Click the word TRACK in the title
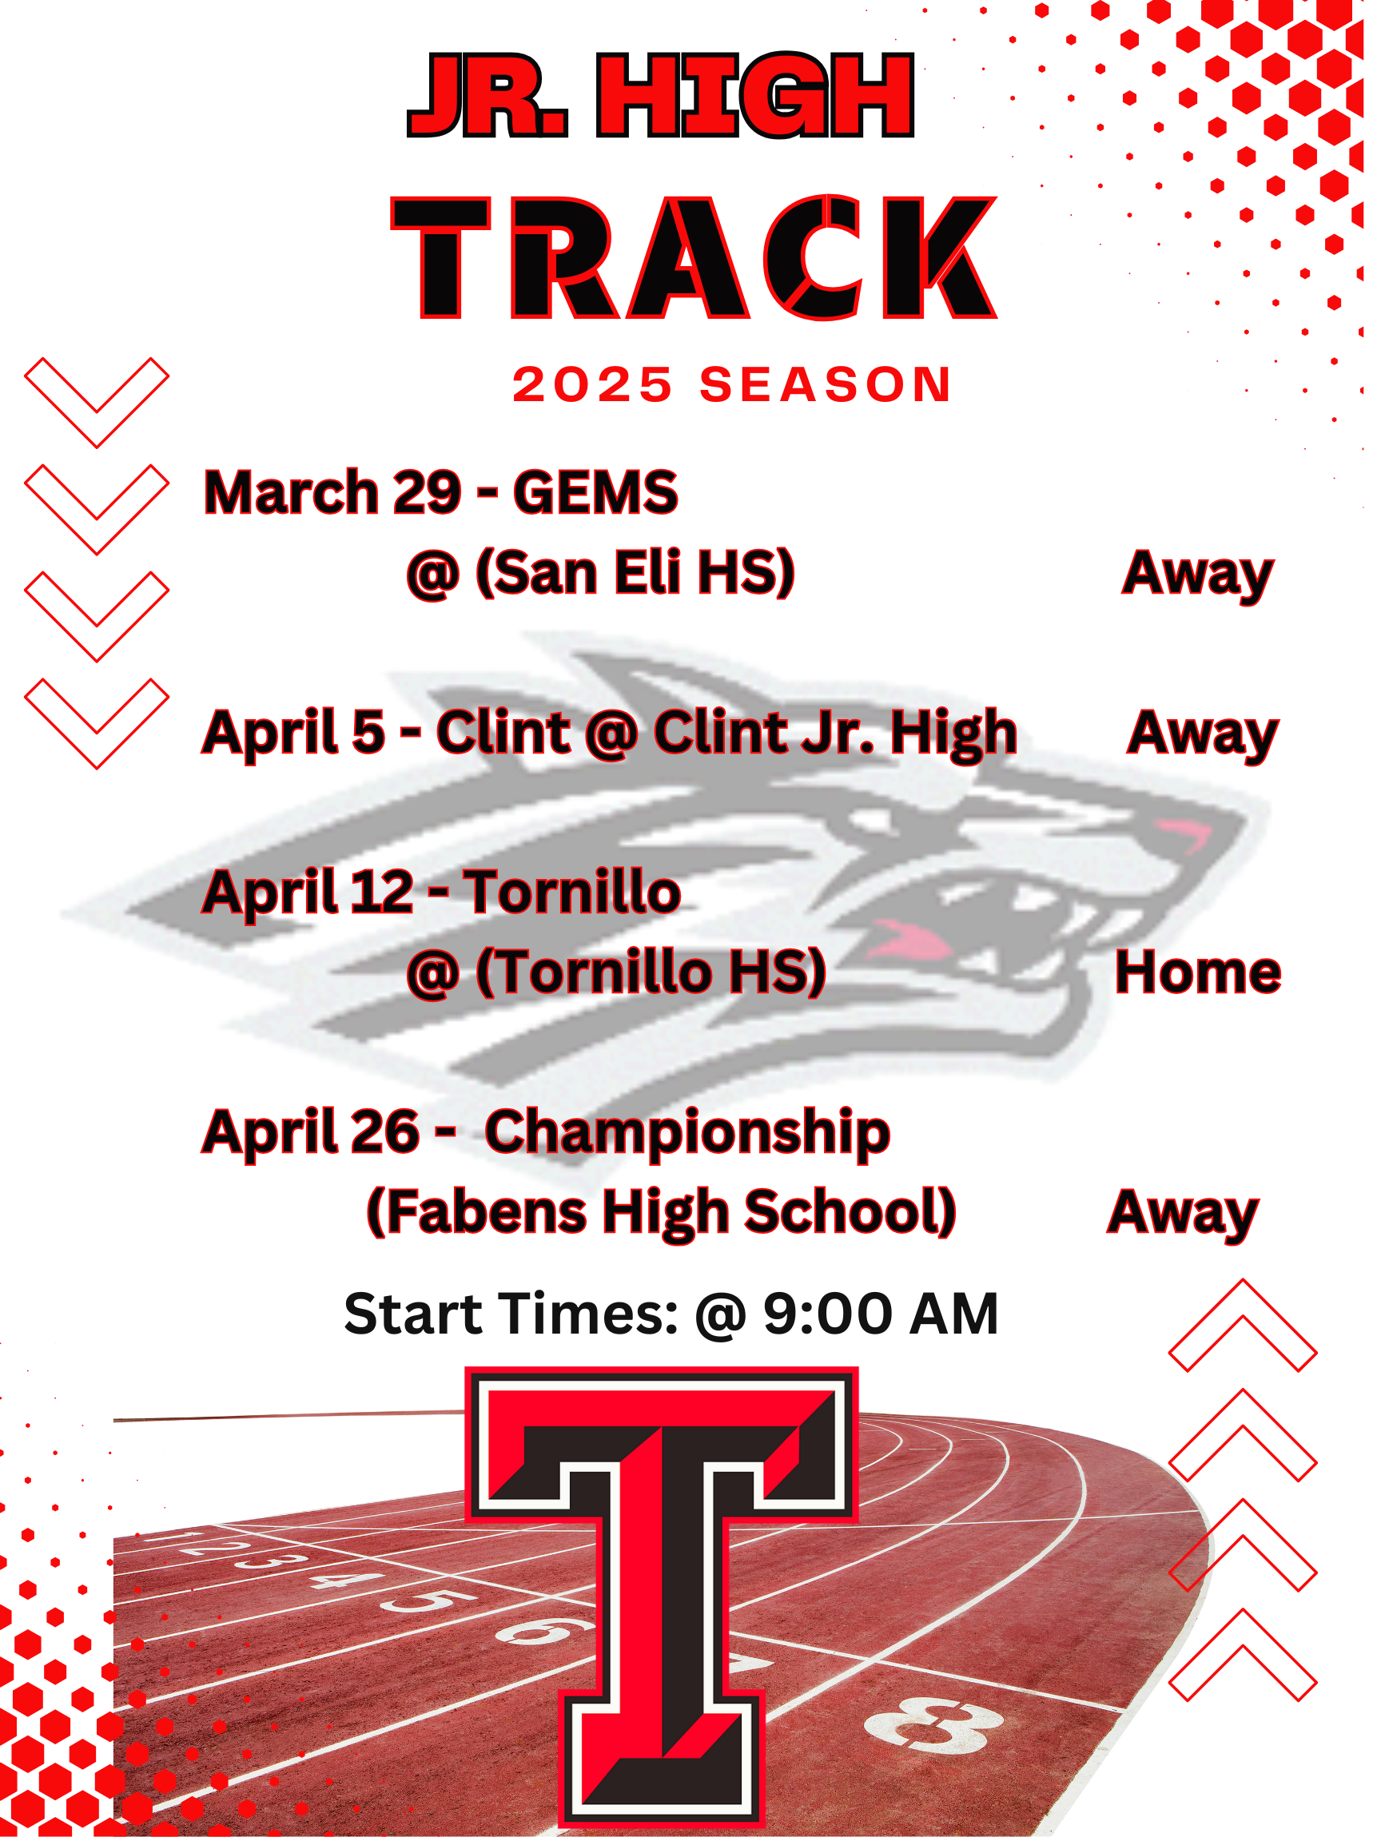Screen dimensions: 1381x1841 click(694, 257)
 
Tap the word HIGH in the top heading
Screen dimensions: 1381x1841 click(755, 95)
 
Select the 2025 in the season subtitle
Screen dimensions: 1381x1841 click(592, 384)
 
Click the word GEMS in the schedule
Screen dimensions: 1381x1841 click(595, 492)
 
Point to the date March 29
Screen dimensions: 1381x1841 click(332, 492)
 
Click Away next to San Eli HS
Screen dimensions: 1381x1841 click(1197, 574)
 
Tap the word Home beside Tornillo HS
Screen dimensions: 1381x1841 click(1197, 972)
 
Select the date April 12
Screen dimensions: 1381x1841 click(308, 892)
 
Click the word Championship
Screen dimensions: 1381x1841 click(687, 1133)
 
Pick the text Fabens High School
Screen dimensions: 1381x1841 click(662, 1212)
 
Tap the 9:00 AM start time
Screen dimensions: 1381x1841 click(881, 1314)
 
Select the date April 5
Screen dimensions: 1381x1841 click(294, 733)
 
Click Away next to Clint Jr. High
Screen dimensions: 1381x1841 click(1202, 734)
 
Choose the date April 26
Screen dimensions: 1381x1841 click(311, 1132)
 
